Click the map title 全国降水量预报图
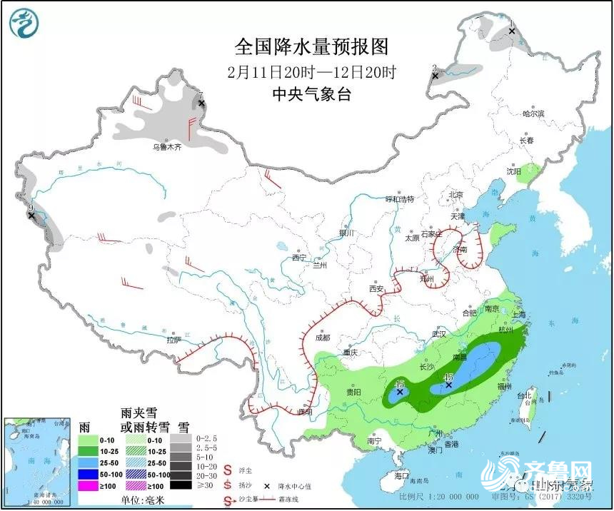point(312,47)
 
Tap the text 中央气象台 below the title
point(312,94)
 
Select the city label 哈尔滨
point(533,113)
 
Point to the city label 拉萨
point(173,340)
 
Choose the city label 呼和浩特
point(400,198)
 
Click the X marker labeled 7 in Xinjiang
point(201,103)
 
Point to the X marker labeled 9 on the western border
point(31,214)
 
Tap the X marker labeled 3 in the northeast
point(434,74)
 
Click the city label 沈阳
point(514,171)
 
